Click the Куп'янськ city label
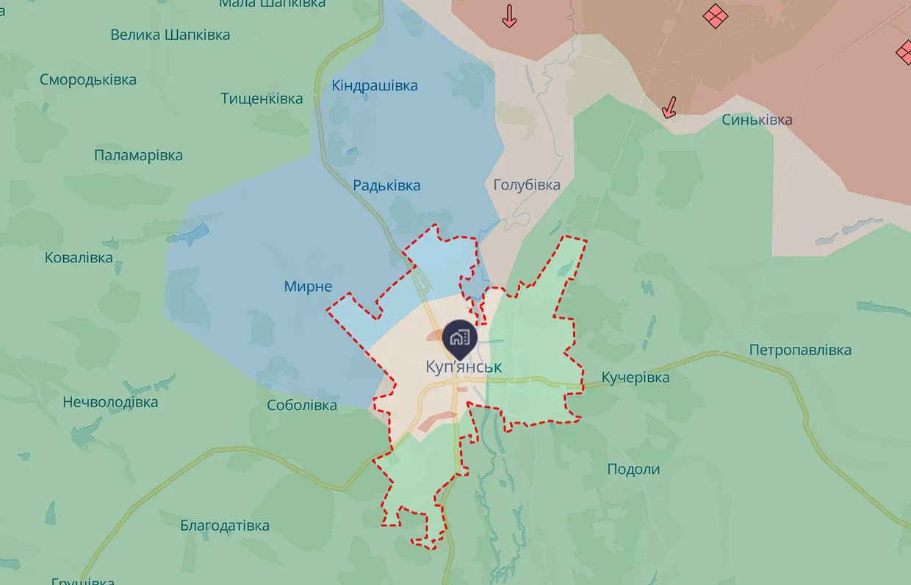[464, 366]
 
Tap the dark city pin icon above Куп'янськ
[460, 337]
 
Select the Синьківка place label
[757, 120]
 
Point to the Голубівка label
[527, 184]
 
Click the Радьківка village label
[386, 185]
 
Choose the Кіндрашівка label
[375, 86]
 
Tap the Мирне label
[308, 287]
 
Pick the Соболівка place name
[302, 405]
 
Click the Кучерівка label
[635, 378]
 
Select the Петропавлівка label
[800, 350]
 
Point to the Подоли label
[633, 469]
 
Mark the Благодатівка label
[225, 525]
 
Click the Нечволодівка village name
[110, 402]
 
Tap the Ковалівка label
[79, 258]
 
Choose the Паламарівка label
[138, 156]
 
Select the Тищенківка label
[262, 98]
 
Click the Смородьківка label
[88, 80]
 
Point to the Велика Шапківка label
[170, 35]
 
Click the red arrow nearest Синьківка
[669, 107]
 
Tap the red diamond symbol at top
[714, 15]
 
